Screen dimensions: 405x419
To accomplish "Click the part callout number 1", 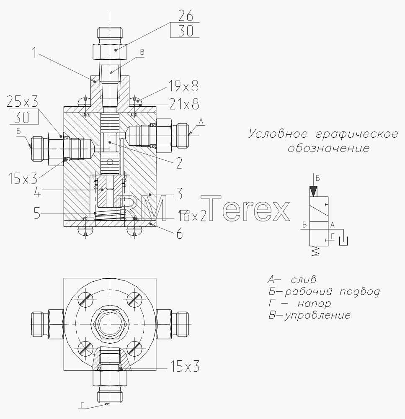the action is [x=34, y=52].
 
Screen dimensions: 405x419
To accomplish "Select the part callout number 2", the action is [x=179, y=163].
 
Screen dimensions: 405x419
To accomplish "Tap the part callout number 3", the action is [x=179, y=194].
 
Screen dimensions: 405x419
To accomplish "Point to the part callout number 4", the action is [x=38, y=192].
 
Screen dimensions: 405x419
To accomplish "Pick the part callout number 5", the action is [x=37, y=213].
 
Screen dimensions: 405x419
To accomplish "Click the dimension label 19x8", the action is [x=183, y=86].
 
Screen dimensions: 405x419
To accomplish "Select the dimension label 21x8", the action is [x=184, y=104].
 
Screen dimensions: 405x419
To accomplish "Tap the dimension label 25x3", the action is [x=23, y=102].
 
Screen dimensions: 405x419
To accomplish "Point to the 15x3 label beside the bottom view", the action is [x=185, y=366].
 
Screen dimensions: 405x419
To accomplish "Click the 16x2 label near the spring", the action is [x=193, y=216].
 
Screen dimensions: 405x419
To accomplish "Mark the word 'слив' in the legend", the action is [x=303, y=280].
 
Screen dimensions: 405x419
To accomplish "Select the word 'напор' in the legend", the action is [x=314, y=303].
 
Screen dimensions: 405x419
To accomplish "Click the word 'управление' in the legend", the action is [x=317, y=315].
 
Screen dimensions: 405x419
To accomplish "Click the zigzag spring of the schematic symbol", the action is [x=316, y=251].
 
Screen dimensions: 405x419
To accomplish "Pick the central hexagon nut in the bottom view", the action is [x=110, y=324].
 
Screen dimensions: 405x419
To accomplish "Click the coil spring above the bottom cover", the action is [x=110, y=215].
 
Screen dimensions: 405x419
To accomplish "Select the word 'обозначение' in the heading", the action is [x=328, y=148].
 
